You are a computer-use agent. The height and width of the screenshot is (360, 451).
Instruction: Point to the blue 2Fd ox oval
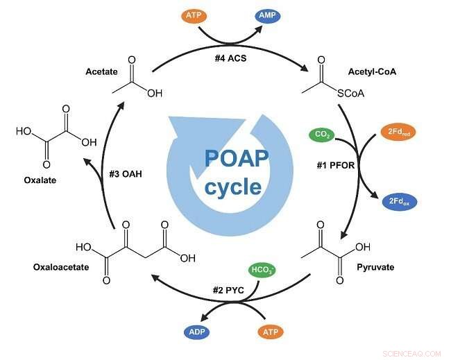click(401, 202)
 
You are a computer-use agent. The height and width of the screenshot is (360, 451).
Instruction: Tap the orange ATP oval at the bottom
click(271, 332)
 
